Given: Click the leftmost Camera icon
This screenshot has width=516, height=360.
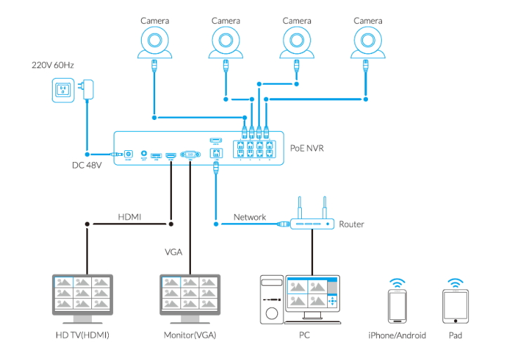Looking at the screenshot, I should tap(154, 44).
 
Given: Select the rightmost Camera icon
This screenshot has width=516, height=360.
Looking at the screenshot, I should tap(368, 44).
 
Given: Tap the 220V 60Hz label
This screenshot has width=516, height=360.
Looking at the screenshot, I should tap(53, 65).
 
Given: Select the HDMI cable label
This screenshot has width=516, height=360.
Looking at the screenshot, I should tap(129, 217).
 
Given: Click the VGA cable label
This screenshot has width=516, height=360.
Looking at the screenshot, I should tap(174, 251).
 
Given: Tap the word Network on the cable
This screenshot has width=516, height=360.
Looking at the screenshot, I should tap(250, 218).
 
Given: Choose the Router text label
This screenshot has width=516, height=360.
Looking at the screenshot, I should tap(352, 225).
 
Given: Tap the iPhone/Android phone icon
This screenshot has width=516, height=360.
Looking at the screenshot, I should tap(397, 307).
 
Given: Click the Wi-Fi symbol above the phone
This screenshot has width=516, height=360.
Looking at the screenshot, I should tap(397, 284).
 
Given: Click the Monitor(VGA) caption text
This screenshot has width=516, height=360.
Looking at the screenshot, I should tap(190, 335).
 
